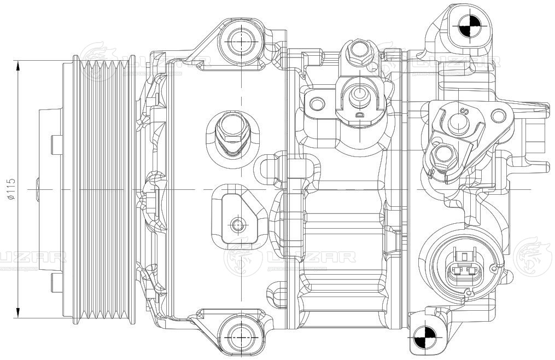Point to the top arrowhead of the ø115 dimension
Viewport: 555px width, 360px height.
19,65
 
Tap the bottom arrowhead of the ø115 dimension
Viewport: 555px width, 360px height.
19,312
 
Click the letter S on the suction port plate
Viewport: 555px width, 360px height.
465,112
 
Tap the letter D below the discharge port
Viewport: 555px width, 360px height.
359,115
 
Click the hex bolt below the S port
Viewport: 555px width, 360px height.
442,157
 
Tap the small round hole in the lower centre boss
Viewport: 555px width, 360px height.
237,224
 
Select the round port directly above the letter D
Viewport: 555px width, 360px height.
359,93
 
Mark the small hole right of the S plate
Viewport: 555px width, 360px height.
498,115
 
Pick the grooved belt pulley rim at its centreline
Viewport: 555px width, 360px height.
104,188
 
